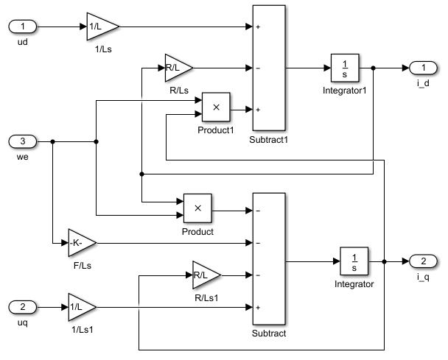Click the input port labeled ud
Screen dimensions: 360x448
(22, 27)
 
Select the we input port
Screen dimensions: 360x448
(22, 141)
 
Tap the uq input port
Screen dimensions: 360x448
(22, 306)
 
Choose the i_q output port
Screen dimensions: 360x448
(423, 261)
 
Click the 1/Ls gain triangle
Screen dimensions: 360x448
(100, 27)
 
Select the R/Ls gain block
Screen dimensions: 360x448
(177, 68)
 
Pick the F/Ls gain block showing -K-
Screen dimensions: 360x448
(81, 241)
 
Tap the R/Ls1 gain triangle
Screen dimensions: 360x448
(205, 275)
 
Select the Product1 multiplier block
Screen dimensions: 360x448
(216, 108)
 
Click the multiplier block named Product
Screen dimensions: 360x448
(197, 208)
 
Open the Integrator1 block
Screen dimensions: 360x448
(344, 68)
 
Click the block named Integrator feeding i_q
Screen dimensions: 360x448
(354, 261)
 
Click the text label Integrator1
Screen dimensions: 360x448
(344, 91)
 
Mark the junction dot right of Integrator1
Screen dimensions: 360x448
(374, 68)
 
